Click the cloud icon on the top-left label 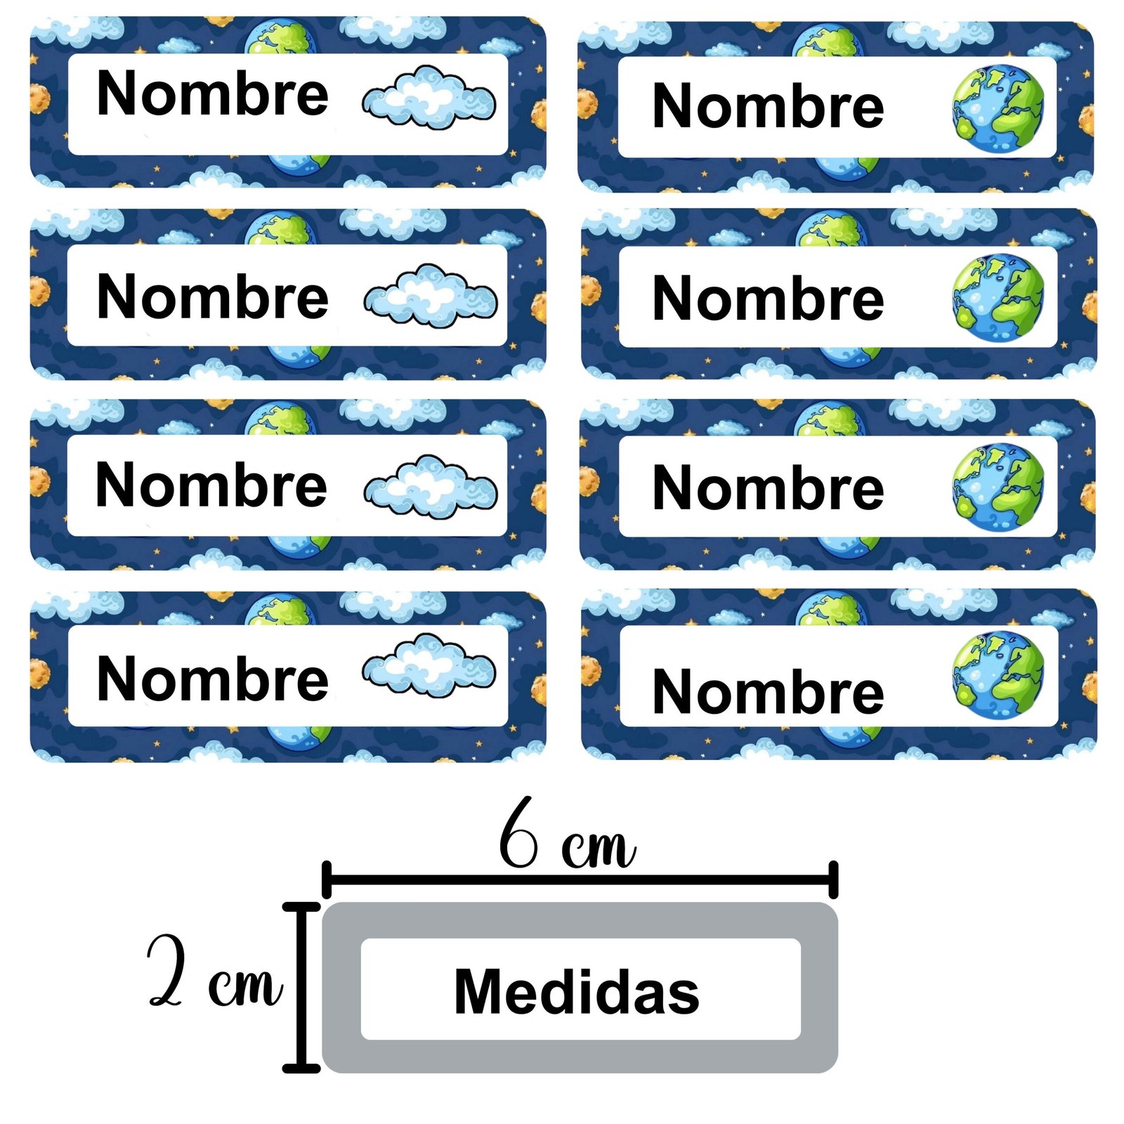pyautogui.click(x=429, y=98)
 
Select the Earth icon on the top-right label pyautogui.click(x=998, y=108)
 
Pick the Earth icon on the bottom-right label pyautogui.click(x=998, y=676)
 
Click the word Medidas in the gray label pyautogui.click(x=577, y=991)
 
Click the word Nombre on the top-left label pyautogui.click(x=212, y=94)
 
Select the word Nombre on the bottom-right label pyautogui.click(x=768, y=693)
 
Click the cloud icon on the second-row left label pyautogui.click(x=431, y=296)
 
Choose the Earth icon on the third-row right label pyautogui.click(x=998, y=487)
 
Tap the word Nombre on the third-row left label pyautogui.click(x=211, y=485)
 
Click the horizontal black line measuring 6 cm pyautogui.click(x=580, y=880)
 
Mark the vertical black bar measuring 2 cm pyautogui.click(x=301, y=987)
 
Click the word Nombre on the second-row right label pyautogui.click(x=768, y=299)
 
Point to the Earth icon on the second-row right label pyautogui.click(x=998, y=298)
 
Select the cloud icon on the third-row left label pyautogui.click(x=431, y=487)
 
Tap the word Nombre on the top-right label pyautogui.click(x=768, y=107)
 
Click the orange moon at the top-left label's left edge pyautogui.click(x=39, y=98)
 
